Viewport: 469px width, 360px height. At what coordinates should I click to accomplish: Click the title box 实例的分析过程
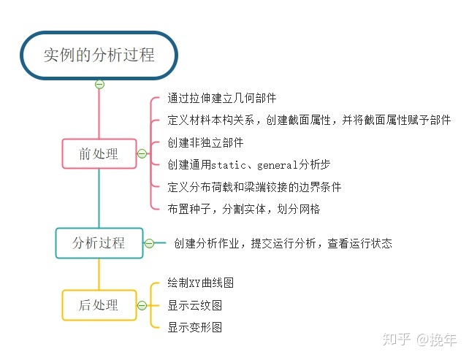coord(99,55)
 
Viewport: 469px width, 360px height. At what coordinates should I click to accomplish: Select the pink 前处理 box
coord(99,153)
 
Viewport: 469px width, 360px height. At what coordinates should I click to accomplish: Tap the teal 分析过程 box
coord(99,243)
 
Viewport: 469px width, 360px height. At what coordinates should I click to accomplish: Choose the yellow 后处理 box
coord(99,305)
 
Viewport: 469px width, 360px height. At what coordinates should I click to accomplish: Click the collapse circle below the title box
coord(99,84)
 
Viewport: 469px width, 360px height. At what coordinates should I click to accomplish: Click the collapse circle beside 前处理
coord(142,153)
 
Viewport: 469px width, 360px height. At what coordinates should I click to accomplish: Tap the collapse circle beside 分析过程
coord(149,243)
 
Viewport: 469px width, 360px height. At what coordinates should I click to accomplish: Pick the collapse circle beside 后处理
coord(142,305)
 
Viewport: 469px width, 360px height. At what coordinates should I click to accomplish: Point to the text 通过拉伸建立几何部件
coord(221,98)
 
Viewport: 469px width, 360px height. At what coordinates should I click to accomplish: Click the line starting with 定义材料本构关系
coord(309,120)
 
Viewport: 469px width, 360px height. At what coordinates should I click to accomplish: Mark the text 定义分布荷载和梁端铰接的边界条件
coord(254,187)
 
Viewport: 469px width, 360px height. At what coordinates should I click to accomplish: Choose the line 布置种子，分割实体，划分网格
coord(243,210)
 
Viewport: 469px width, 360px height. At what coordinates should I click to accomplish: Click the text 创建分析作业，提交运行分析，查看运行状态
coord(283,243)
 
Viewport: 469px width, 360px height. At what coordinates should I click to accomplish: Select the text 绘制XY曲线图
coord(200,283)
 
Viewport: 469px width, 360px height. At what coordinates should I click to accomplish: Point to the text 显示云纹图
coord(195,305)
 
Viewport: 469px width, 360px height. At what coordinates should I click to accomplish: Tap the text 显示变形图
coord(195,327)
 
